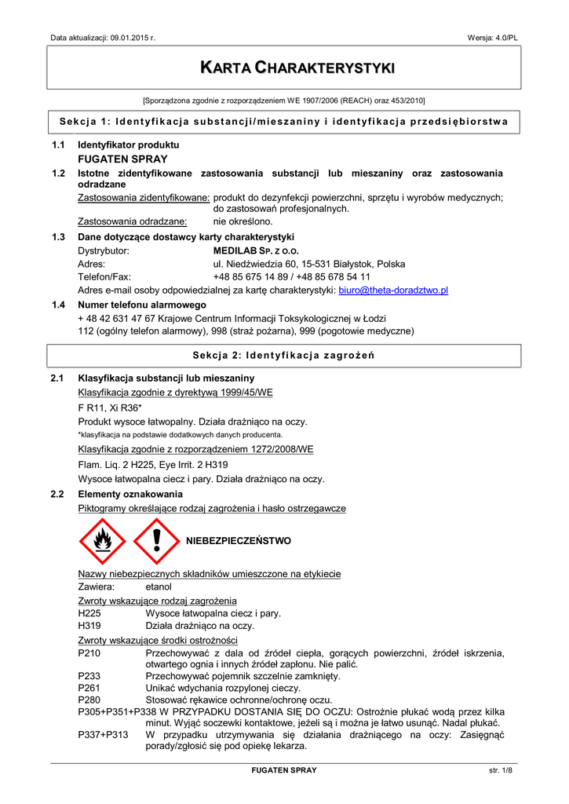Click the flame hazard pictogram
pyautogui.click(x=102, y=541)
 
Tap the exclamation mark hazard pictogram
pyautogui.click(x=156, y=541)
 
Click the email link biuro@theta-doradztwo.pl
pyautogui.click(x=393, y=291)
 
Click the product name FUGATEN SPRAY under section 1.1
pyautogui.click(x=122, y=159)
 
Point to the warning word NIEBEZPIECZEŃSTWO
pyautogui.click(x=238, y=541)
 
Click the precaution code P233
pyautogui.click(x=89, y=676)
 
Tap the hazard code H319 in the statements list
pyautogui.click(x=89, y=626)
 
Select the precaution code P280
pyautogui.click(x=89, y=700)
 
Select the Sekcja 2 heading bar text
pyautogui.click(x=284, y=356)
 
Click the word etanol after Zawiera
pyautogui.click(x=159, y=587)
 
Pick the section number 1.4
pyautogui.click(x=57, y=305)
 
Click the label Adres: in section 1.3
pyautogui.click(x=91, y=264)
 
